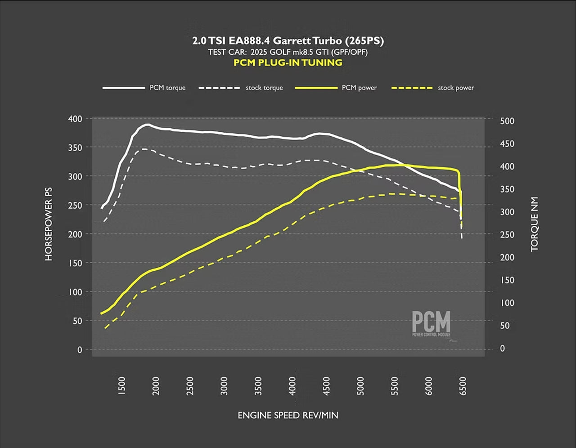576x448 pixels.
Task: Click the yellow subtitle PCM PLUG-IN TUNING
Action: click(x=288, y=63)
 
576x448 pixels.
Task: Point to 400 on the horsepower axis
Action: click(x=75, y=119)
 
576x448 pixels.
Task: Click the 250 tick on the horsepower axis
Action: click(x=75, y=205)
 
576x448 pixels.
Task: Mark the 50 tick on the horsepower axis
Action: click(x=77, y=321)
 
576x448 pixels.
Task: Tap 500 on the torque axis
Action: click(x=507, y=121)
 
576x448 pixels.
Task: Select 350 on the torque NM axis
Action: click(x=507, y=189)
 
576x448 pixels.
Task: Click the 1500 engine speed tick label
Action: click(x=122, y=386)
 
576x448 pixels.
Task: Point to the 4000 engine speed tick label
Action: click(x=293, y=386)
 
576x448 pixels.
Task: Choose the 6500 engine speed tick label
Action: click(x=463, y=386)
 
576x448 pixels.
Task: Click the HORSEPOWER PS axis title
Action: click(x=49, y=224)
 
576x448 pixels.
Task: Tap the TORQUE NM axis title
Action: click(x=535, y=224)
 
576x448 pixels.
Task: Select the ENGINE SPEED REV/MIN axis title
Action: click(x=288, y=415)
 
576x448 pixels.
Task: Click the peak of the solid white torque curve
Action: click(x=147, y=124)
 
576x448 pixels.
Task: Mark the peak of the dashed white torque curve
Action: click(x=144, y=148)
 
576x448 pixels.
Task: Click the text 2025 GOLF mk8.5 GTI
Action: click(x=288, y=52)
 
